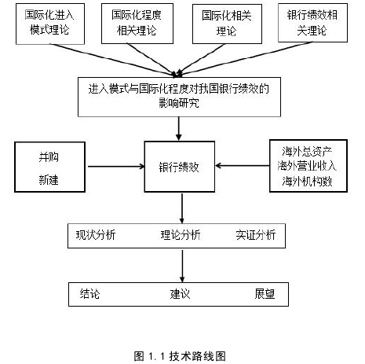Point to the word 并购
pyautogui.click(x=49, y=157)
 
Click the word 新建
pyautogui.click(x=49, y=180)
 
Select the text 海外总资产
pyautogui.click(x=307, y=152)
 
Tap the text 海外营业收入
pyautogui.click(x=307, y=166)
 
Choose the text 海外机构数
pyautogui.click(x=307, y=181)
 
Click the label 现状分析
pyautogui.click(x=96, y=235)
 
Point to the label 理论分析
pyautogui.click(x=181, y=235)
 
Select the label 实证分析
pyautogui.click(x=256, y=235)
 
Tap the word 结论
pyautogui.click(x=89, y=294)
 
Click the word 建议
pyautogui.click(x=180, y=294)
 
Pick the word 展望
pyautogui.click(x=265, y=294)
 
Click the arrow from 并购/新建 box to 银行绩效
pyautogui.click(x=116, y=167)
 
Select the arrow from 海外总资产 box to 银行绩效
pyautogui.click(x=243, y=166)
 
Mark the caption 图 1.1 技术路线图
pyautogui.click(x=180, y=356)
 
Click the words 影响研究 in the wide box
pyautogui.click(x=179, y=103)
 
